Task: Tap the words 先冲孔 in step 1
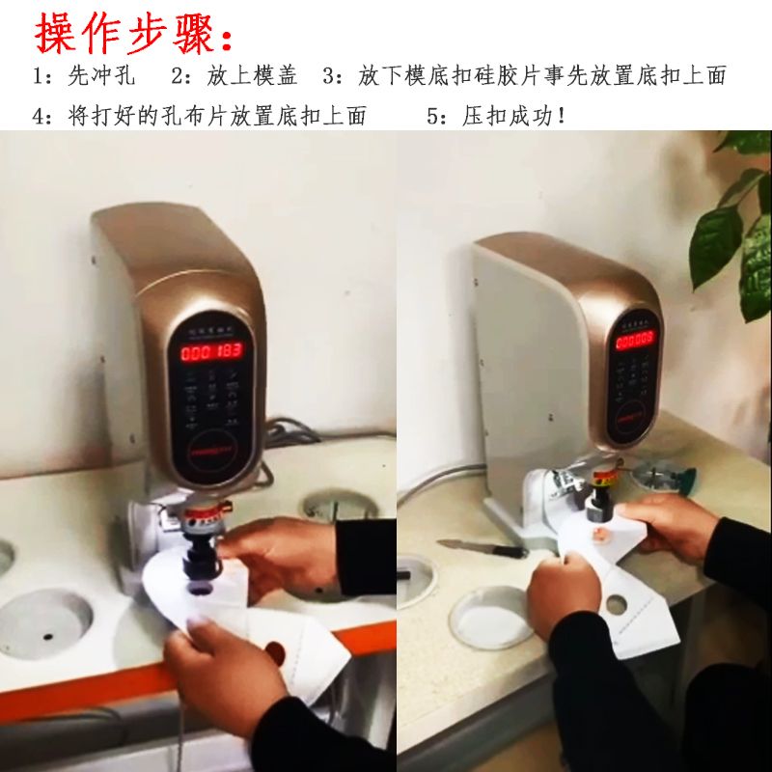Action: (102, 76)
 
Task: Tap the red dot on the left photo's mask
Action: (274, 651)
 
